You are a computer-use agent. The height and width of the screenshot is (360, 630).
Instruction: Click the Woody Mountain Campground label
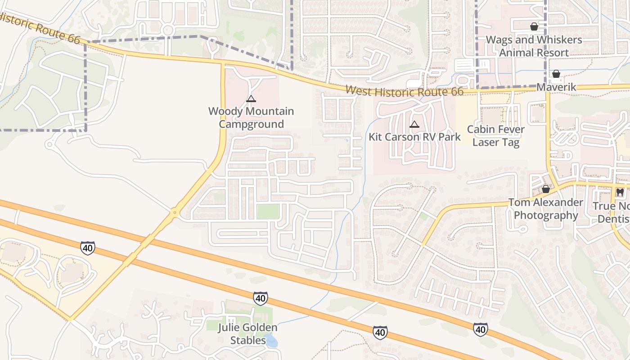251,117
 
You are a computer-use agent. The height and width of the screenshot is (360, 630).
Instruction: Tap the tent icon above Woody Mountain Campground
251,99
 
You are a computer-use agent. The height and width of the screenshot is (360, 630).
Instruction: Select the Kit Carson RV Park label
414,137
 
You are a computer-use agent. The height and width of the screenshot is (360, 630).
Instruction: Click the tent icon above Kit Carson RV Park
414,124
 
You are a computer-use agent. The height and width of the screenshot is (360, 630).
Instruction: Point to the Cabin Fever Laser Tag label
495,136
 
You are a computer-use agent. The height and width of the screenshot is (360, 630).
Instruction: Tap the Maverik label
556,87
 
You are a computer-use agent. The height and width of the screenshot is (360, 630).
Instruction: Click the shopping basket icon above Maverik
556,73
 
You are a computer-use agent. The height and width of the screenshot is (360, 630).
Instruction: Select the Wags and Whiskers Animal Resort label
534,46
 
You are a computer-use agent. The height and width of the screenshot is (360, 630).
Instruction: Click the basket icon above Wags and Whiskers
534,27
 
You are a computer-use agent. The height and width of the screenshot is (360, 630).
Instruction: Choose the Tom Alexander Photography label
545,209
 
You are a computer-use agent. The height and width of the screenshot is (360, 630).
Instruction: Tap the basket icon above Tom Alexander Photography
545,189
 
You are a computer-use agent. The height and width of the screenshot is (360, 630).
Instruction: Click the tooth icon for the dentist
620,192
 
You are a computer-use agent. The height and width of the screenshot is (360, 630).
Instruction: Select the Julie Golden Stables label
248,334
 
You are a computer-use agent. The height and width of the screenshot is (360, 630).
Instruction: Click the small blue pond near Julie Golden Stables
271,341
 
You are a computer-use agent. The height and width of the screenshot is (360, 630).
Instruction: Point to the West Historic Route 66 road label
404,91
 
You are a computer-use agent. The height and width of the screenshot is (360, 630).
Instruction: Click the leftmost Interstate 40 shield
88,247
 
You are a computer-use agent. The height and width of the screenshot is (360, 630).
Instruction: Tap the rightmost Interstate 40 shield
480,329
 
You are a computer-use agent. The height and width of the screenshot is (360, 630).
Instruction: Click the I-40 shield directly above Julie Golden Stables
260,298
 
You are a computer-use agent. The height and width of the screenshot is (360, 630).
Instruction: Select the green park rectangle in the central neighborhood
268,211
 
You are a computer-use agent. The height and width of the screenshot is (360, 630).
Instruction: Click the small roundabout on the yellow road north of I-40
175,211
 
